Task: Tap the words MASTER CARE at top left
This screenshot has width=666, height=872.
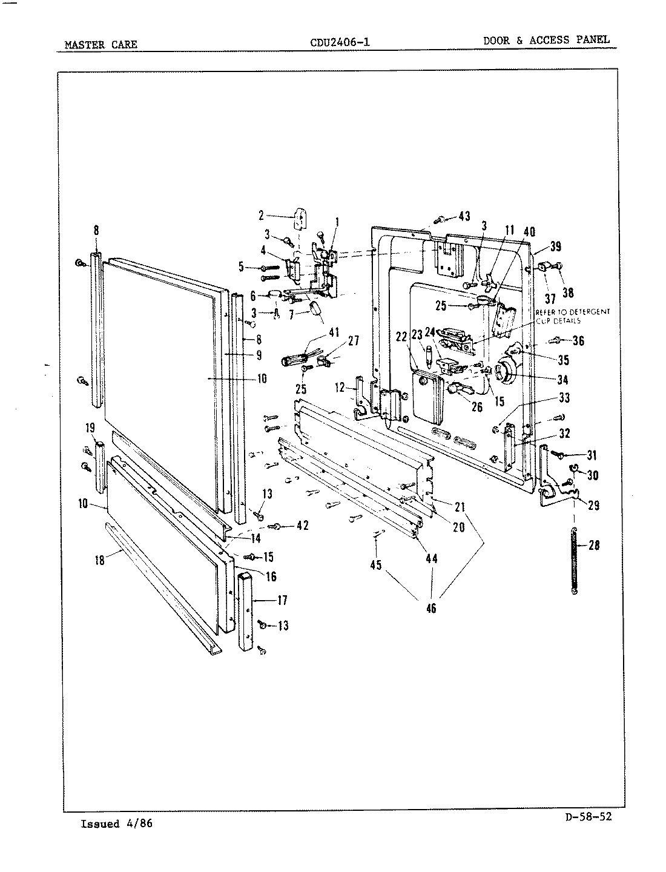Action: point(101,44)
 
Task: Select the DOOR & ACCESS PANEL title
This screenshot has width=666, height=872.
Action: point(546,40)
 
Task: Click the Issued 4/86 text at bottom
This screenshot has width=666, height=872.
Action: point(116,824)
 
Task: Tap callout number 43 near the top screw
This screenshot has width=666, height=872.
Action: point(464,217)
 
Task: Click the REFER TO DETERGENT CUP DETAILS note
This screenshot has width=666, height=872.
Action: point(573,316)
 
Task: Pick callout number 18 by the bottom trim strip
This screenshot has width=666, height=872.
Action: point(100,560)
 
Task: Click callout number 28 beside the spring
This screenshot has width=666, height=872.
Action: point(594,545)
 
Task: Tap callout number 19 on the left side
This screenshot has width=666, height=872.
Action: point(90,428)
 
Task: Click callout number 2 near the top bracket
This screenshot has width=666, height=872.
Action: point(261,214)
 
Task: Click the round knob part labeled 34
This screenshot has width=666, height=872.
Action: point(504,371)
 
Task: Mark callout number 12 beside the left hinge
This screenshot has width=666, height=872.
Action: point(339,386)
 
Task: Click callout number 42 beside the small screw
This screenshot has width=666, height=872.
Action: point(303,526)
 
